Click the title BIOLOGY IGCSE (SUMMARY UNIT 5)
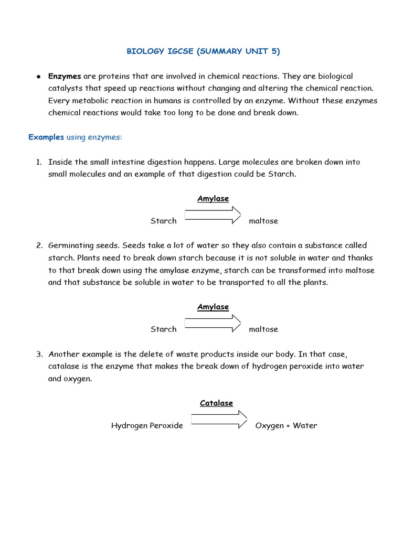203,51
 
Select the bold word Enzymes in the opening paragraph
65,77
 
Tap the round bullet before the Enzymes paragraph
39,77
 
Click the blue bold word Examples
46,137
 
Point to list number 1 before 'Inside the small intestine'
39,162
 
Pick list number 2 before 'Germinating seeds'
39,245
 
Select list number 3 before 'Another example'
39,354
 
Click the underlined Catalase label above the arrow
216,403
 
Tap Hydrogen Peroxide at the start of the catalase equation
147,426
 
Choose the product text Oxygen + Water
286,426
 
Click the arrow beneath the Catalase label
219,420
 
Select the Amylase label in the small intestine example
213,199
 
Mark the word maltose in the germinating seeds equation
263,329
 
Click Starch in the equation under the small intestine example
164,221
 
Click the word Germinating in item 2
70,245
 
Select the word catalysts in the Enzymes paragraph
65,89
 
